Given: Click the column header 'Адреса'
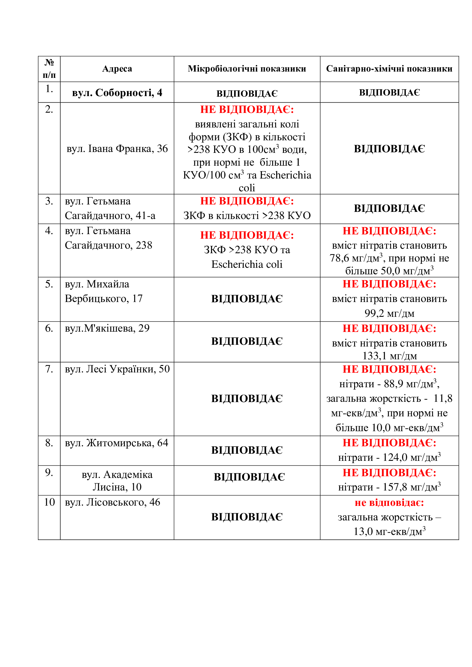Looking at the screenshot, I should click(117, 69).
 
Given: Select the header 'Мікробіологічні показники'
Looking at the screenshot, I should click(247, 69).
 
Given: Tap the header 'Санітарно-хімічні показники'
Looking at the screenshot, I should click(389, 69).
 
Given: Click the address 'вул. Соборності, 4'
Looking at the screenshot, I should click(117, 93).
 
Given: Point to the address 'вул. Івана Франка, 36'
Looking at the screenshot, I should click(117, 149).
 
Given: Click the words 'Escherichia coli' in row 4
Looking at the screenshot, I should click(247, 264).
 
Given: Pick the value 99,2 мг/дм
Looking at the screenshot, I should click(389, 313).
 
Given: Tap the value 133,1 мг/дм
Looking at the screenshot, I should click(389, 356).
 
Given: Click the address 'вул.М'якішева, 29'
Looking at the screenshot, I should click(107, 328).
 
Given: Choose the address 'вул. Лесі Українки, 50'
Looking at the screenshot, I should click(117, 369).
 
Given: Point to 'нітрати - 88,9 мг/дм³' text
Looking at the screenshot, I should click(389, 384).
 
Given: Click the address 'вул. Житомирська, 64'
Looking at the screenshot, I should click(116, 443).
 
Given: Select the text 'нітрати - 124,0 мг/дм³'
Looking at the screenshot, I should click(389, 457).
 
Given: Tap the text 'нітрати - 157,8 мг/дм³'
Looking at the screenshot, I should click(389, 487).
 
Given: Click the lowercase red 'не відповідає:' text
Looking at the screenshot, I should click(389, 502).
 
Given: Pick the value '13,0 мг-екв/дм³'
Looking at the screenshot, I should click(389, 532).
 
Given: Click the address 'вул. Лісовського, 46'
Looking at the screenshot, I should click(112, 502).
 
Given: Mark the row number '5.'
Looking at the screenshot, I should click(49, 284).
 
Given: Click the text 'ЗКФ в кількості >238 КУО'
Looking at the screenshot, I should click(247, 216).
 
